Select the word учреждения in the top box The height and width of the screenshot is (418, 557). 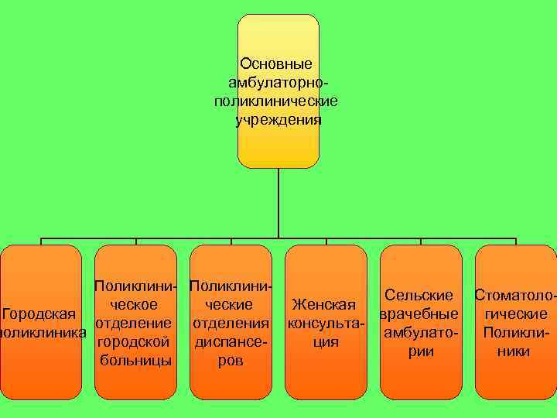pos(278,121)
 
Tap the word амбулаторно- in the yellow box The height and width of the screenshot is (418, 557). pos(278,82)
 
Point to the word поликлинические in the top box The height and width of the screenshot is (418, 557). pos(278,101)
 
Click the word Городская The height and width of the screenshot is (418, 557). pos(38,314)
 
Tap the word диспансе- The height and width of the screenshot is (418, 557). pos(231,341)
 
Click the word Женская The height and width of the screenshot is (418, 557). pos(326,305)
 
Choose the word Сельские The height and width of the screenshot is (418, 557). pos(419,296)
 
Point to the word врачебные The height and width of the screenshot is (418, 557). pos(419,314)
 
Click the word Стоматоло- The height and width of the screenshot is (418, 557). pos(515,296)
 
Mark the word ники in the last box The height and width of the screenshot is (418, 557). pos(515,351)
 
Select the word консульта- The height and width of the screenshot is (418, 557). pos(326,324)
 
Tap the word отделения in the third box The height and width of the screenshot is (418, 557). pos(231,323)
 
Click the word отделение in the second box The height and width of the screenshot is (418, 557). pos(128,323)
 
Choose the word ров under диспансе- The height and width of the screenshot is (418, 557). pos(231,361)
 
